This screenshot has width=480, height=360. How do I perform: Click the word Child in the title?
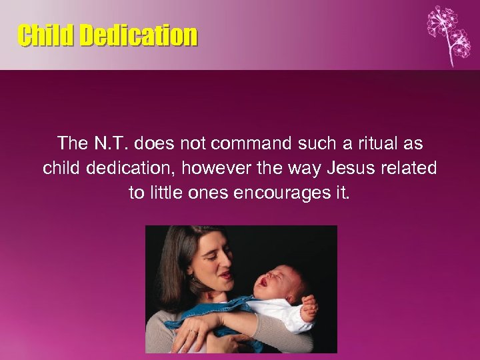coord(46,35)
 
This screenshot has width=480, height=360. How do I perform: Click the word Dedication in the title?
coord(139,35)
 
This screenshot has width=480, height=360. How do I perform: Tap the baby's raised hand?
coord(308,309)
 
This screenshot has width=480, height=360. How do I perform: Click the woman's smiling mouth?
coord(226,273)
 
